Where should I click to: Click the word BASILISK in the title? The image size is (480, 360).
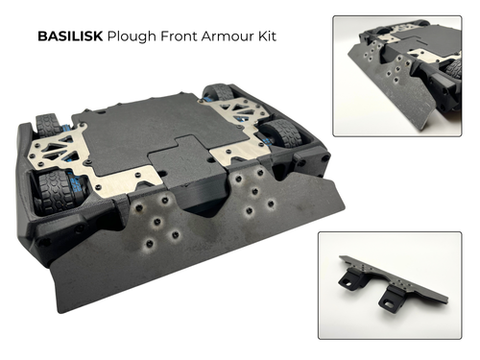pyautogui.click(x=69, y=38)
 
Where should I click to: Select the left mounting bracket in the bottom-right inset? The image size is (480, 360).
pyautogui.click(x=348, y=278)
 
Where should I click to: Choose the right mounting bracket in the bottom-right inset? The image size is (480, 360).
pyautogui.click(x=392, y=294)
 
